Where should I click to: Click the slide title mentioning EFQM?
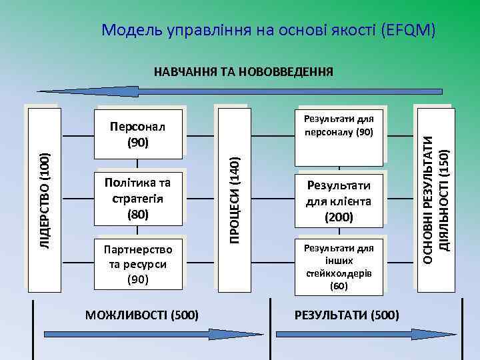(269, 29)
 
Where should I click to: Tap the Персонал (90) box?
(138, 135)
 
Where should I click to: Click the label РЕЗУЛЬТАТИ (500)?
(347, 314)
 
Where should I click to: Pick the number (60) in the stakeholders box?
(339, 286)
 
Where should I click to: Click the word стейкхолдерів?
(339, 273)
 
